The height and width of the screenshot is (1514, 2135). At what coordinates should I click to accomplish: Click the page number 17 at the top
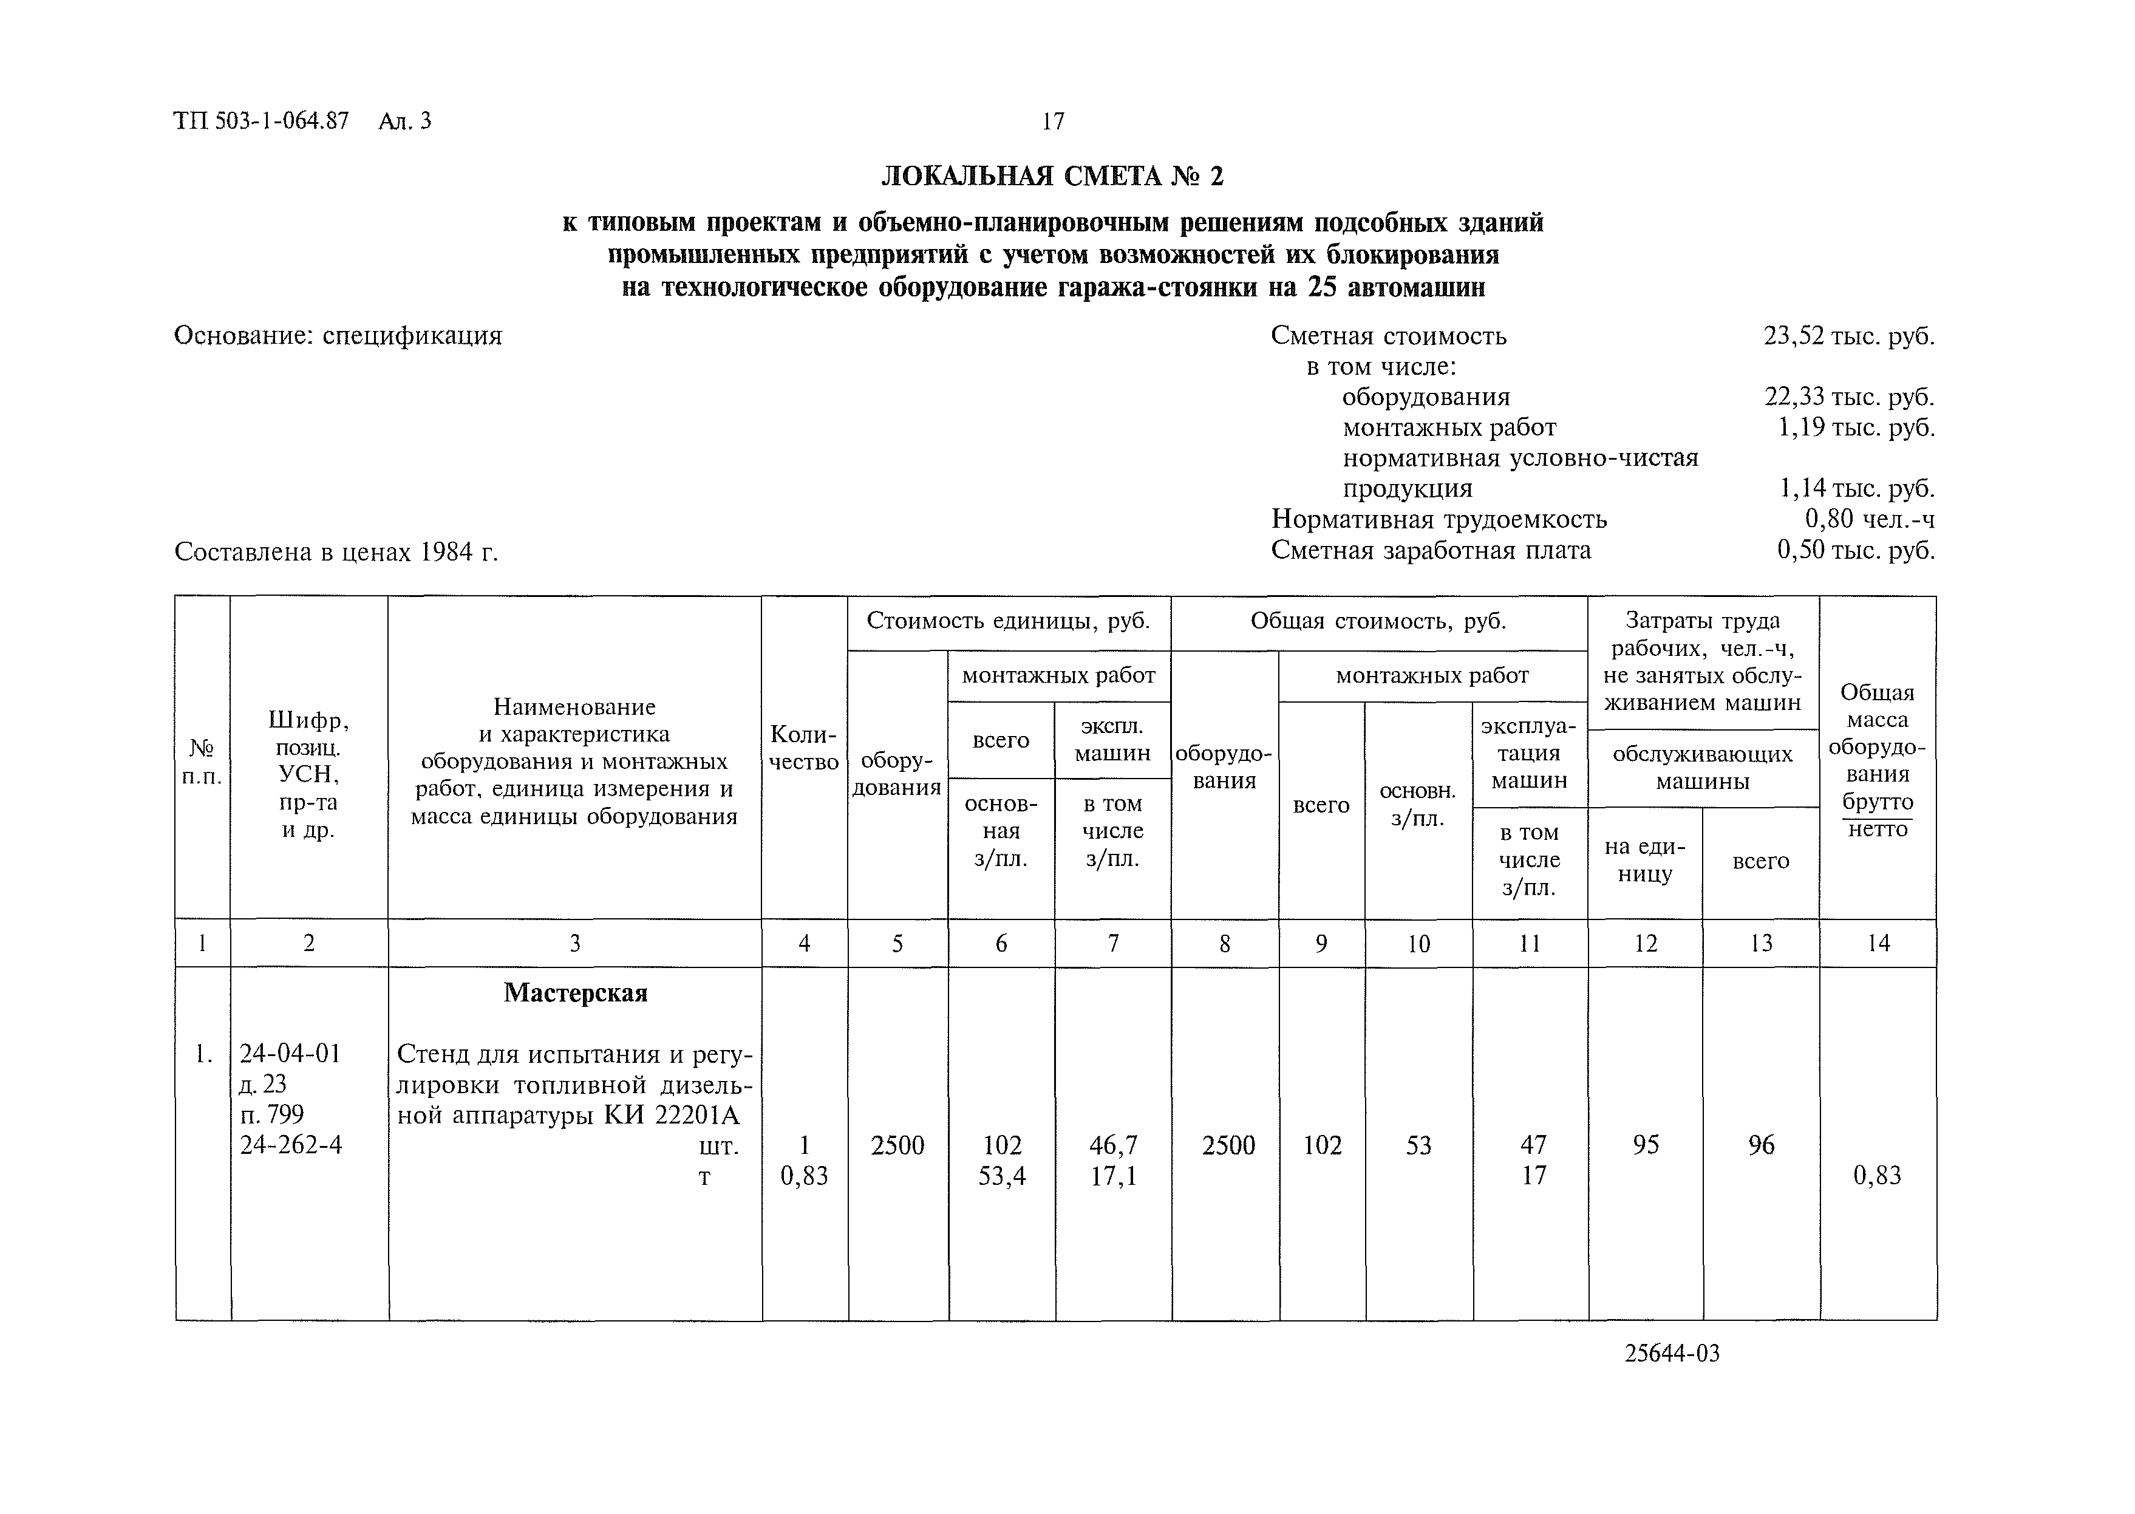pyautogui.click(x=1052, y=121)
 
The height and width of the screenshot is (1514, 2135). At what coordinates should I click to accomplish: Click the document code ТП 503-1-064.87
pyautogui.click(x=261, y=121)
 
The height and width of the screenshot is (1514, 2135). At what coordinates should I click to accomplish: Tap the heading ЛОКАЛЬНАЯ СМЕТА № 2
pyautogui.click(x=1052, y=176)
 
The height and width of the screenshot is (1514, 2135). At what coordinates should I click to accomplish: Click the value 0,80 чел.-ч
pyautogui.click(x=1868, y=519)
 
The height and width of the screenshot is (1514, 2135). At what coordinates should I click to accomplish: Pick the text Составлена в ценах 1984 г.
pyautogui.click(x=336, y=553)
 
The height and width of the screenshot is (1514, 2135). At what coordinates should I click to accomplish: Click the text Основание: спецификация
pyautogui.click(x=338, y=336)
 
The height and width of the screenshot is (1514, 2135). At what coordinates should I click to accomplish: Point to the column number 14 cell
pyautogui.click(x=1878, y=944)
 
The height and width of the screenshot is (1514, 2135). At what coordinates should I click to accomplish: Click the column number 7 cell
pyautogui.click(x=1112, y=944)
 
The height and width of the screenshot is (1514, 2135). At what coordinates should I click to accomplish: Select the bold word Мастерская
pyautogui.click(x=575, y=994)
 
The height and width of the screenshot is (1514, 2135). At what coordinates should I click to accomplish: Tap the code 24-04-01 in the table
pyautogui.click(x=290, y=1054)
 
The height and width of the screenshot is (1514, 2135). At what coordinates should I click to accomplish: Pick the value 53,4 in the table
pyautogui.click(x=1002, y=1176)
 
